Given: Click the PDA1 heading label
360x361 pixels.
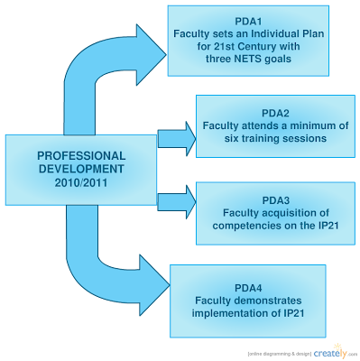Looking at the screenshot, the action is pyautogui.click(x=248, y=22).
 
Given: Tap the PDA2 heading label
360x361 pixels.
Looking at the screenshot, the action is pyautogui.click(x=275, y=114).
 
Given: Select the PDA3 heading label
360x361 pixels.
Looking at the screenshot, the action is pyautogui.click(x=276, y=200).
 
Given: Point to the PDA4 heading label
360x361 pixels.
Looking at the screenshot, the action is pyautogui.click(x=248, y=288).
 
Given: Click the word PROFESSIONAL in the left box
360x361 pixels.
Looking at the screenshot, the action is pyautogui.click(x=81, y=156).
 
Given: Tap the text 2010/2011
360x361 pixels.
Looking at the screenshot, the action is pyautogui.click(x=81, y=182).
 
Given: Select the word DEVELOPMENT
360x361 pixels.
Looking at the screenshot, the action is pyautogui.click(x=81, y=169).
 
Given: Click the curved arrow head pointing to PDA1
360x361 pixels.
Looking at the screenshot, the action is pyautogui.click(x=151, y=55).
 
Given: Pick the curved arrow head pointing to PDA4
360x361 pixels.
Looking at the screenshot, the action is pyautogui.click(x=154, y=284).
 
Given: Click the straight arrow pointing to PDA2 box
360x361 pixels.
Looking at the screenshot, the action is pyautogui.click(x=177, y=139).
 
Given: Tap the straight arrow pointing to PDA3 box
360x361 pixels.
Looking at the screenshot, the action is pyautogui.click(x=177, y=202).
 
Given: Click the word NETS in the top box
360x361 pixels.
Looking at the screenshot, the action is pyautogui.click(x=248, y=59).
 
